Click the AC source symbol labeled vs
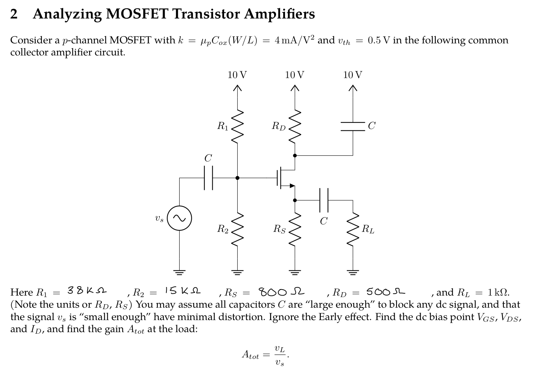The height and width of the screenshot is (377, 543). pos(179,218)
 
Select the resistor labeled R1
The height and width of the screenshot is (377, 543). pos(237,127)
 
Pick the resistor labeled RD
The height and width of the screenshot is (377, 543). pos(295,127)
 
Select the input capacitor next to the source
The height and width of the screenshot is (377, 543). pos(208,178)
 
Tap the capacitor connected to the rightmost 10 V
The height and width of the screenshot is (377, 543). pos(353,126)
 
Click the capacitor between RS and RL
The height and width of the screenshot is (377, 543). pos(324,200)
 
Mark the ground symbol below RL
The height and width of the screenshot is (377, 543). pos(353,271)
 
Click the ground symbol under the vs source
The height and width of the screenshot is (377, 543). pos(179,271)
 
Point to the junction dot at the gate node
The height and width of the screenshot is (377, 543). pos(237,178)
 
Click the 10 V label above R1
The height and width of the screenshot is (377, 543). pos(237,75)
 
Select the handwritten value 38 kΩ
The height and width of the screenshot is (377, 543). pos(87,291)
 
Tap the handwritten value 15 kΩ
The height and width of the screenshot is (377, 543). pos(183,291)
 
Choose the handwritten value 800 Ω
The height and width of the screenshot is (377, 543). pos(281,292)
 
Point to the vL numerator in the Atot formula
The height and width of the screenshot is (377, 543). pos(279,348)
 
